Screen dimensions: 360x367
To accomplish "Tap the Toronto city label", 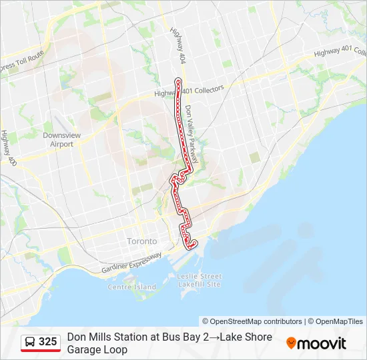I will point(141,241).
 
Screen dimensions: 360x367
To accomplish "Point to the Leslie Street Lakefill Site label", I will point(199,280).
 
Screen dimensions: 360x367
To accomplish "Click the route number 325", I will point(47,342).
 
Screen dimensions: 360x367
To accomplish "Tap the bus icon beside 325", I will point(30,342).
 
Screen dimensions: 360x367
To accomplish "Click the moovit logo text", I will point(322,343).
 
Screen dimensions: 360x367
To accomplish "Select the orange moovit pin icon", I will point(291,343).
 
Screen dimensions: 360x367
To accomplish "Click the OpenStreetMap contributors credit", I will point(252,321).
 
